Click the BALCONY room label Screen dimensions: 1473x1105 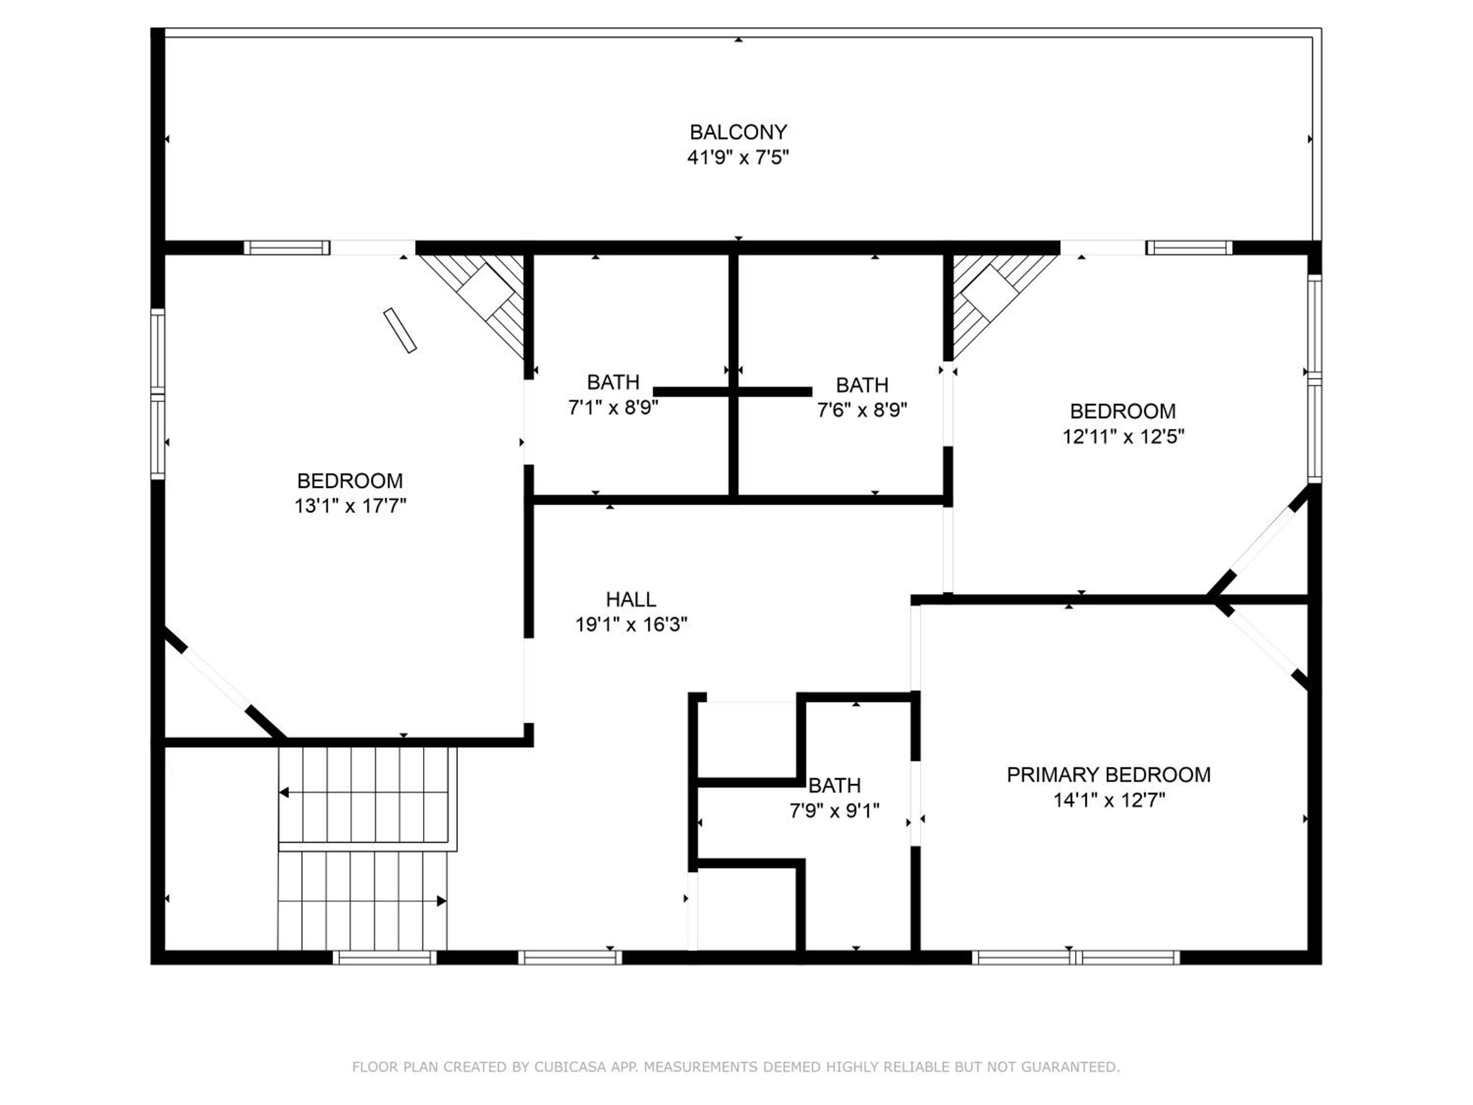pyautogui.click(x=738, y=133)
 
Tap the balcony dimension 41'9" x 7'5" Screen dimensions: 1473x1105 pyautogui.click(x=738, y=158)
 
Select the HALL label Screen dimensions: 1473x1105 pyautogui.click(x=630, y=600)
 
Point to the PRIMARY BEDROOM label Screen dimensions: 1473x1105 pyautogui.click(x=1109, y=774)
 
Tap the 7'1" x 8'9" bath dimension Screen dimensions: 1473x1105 pyautogui.click(x=613, y=408)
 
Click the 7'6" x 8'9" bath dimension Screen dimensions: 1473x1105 pyautogui.click(x=862, y=410)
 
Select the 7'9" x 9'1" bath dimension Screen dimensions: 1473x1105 pyautogui.click(x=834, y=811)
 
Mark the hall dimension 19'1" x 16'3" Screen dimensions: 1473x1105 pyautogui.click(x=631, y=625)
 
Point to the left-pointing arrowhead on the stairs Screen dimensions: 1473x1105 pyautogui.click(x=284, y=793)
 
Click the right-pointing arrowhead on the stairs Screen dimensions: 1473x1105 pyautogui.click(x=441, y=901)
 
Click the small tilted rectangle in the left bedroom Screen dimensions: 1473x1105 pyautogui.click(x=400, y=331)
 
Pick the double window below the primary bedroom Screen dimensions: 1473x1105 pyautogui.click(x=1075, y=958)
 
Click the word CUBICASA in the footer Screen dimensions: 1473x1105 pyautogui.click(x=570, y=1067)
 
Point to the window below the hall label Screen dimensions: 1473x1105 pyautogui.click(x=570, y=958)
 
